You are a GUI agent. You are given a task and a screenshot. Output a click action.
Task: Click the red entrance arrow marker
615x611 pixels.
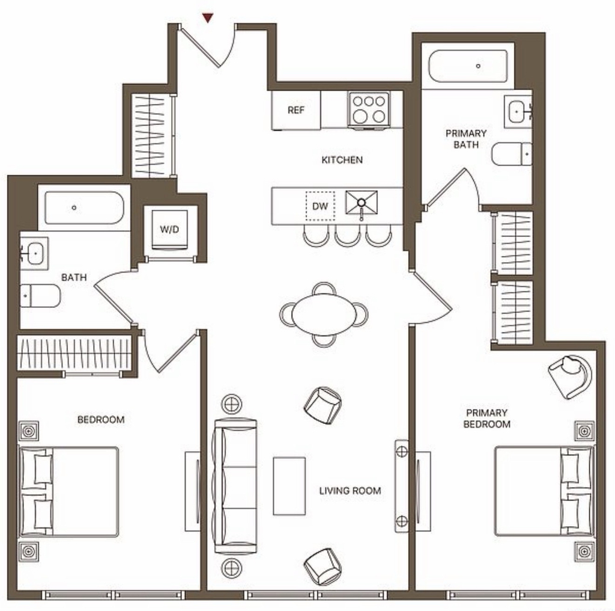click(x=208, y=18)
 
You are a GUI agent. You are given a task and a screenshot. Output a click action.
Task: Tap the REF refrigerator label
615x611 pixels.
click(x=296, y=110)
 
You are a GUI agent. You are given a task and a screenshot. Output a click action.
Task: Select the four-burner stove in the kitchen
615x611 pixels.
click(x=369, y=109)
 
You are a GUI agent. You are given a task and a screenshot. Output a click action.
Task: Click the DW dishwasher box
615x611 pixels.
click(x=320, y=206)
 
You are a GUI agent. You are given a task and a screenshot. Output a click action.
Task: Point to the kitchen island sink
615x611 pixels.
click(x=361, y=203)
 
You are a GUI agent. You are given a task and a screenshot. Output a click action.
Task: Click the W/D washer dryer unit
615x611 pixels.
click(x=169, y=230)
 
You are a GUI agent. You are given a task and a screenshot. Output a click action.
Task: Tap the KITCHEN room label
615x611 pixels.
click(x=342, y=160)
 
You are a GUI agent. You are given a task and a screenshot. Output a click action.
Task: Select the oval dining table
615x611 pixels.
click(x=324, y=315)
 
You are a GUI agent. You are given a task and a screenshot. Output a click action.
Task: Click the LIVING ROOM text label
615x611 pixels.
click(x=350, y=491)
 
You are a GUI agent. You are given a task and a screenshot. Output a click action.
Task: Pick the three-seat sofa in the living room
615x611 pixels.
click(x=235, y=487)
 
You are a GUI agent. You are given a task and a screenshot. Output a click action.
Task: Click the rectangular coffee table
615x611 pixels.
click(x=289, y=486)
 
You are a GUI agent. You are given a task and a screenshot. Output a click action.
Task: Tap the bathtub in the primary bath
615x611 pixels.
click(x=468, y=66)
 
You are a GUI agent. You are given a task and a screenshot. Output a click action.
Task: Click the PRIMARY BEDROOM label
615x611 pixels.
click(x=486, y=418)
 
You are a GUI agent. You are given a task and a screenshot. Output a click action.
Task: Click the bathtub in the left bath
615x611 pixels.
click(x=84, y=207)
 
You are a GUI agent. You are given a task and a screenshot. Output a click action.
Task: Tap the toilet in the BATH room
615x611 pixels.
click(x=40, y=296)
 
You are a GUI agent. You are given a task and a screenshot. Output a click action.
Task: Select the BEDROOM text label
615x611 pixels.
click(x=101, y=420)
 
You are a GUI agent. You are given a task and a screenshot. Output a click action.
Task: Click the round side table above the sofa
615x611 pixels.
click(x=232, y=404)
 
